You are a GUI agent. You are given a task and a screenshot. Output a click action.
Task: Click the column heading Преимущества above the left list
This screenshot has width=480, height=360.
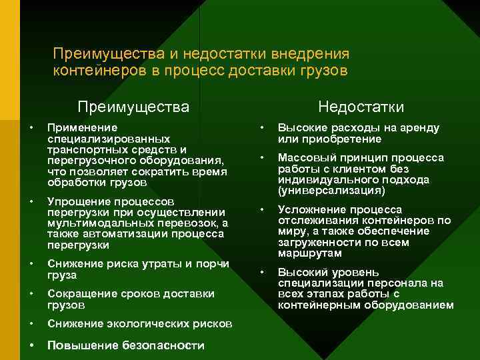coord(133,107)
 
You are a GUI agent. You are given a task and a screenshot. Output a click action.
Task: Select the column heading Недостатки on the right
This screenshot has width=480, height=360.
coord(361,107)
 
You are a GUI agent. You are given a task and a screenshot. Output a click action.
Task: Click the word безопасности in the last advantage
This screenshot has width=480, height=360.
coord(164,345)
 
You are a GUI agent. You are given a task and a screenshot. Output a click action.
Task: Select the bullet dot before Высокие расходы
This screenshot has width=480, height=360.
coord(263,127)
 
